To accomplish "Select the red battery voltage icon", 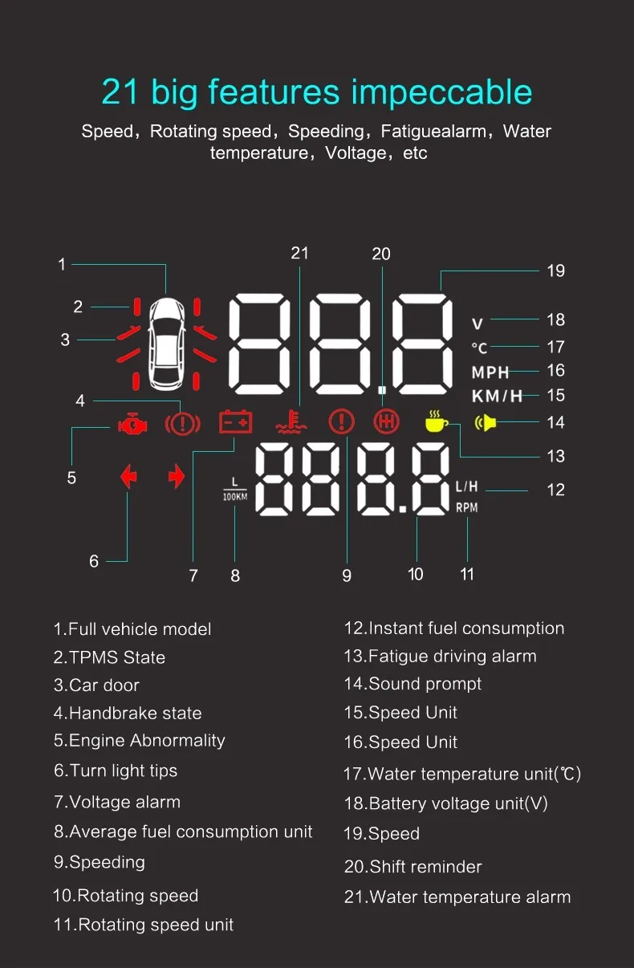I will click(235, 422).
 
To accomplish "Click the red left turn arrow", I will click(128, 478).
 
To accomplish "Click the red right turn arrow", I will click(177, 478).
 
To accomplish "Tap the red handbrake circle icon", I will click(182, 422).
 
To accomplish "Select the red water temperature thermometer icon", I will click(291, 422).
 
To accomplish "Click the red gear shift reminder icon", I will click(386, 422).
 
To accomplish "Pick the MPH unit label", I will click(490, 372).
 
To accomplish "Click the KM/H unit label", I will click(496, 396).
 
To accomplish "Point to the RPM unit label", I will click(466, 507).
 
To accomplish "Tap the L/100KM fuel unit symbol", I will click(234, 489).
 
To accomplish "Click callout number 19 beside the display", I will click(555, 270).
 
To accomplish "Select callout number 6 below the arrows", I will click(94, 561).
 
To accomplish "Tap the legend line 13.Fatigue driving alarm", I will click(440, 656).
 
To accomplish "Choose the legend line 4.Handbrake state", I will click(128, 713).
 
